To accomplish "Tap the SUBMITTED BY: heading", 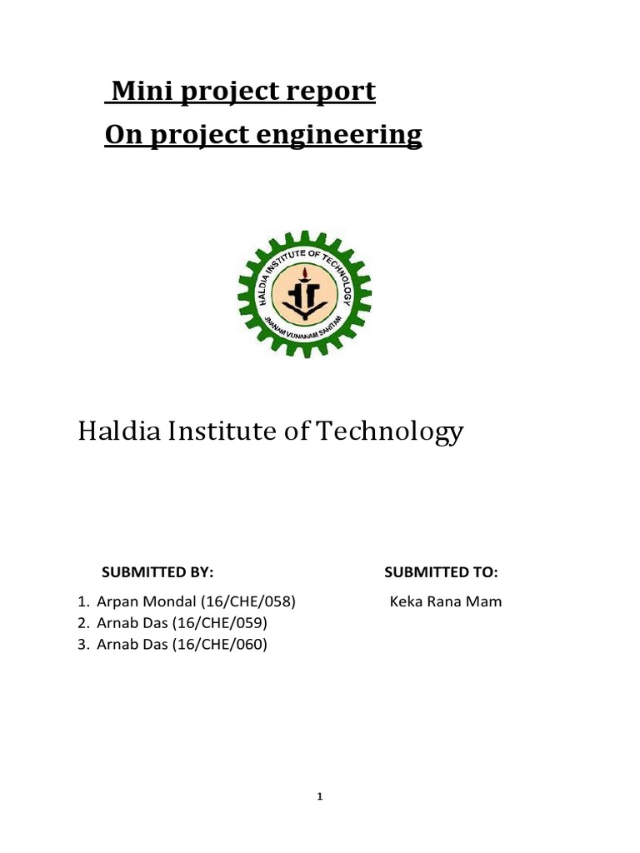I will (157, 572).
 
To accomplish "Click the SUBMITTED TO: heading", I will (441, 572).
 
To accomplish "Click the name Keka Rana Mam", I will (446, 601).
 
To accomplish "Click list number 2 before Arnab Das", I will (82, 622).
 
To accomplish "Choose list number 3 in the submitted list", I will (82, 643).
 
